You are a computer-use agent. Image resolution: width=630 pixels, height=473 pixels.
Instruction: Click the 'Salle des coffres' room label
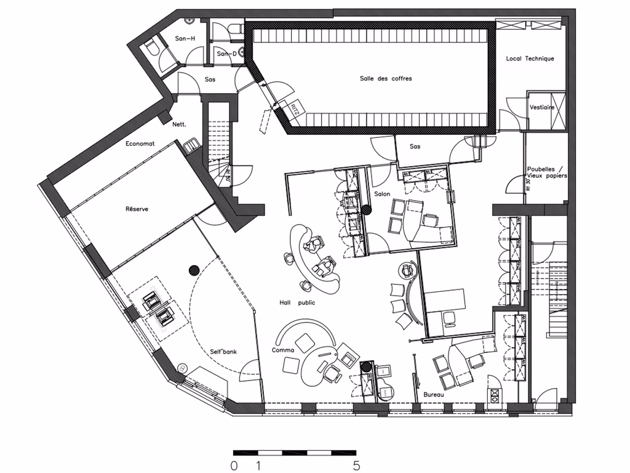(386, 79)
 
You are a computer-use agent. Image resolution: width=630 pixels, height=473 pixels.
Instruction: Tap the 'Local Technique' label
(530, 59)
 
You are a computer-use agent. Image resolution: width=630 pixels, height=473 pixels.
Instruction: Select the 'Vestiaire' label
(541, 107)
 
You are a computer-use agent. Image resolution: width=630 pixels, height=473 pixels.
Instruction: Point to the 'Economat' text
(140, 144)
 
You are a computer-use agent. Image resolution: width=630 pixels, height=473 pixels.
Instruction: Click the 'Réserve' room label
(137, 209)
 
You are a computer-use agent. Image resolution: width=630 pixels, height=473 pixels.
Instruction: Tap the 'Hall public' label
(297, 302)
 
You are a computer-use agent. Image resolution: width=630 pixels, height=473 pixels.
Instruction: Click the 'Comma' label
(283, 350)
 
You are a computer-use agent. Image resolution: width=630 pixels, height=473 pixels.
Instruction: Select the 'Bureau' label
(434, 394)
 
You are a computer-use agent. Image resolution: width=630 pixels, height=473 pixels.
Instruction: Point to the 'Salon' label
(382, 194)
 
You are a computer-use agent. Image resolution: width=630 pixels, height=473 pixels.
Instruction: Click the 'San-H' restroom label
(185, 39)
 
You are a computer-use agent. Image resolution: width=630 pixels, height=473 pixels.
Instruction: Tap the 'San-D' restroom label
(226, 54)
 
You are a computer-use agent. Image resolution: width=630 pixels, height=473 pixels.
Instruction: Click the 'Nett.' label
(179, 124)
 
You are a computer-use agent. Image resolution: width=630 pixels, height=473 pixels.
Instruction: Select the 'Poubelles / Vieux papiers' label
(546, 172)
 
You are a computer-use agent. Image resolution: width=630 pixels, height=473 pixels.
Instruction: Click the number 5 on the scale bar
(356, 466)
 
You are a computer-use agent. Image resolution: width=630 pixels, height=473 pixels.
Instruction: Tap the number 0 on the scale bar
(234, 466)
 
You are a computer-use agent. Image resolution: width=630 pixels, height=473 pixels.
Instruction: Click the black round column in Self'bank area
(194, 269)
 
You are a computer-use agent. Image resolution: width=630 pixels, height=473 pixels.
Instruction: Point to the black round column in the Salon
(367, 209)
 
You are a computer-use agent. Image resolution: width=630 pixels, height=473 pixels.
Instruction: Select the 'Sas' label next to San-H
(210, 79)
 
